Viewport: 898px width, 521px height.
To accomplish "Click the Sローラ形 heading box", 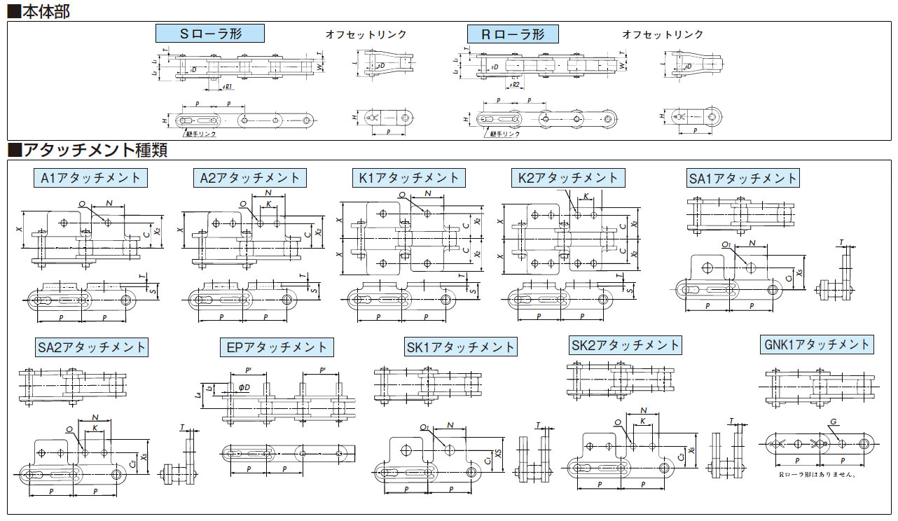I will pos(209,34).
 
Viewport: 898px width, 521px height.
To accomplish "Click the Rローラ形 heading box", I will pos(513,34).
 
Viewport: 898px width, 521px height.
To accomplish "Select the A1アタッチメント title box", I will pos(90,178).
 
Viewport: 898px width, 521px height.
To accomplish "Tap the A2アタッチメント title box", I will pos(249,178).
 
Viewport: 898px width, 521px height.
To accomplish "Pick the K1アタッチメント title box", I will pos(409,178).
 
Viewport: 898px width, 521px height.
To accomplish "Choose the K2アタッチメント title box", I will pos(568,178).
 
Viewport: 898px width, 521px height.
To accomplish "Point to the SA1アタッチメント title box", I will pos(743,179).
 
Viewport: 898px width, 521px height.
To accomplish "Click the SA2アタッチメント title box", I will pos(91,347).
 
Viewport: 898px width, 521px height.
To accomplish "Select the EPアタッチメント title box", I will pos(277,347).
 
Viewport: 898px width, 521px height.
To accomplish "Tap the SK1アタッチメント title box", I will pos(460,347).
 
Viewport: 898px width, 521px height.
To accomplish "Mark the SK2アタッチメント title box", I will pos(626,345).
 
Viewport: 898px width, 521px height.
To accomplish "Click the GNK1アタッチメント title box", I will pos(816,344).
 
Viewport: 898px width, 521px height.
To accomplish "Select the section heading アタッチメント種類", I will pos(88,150).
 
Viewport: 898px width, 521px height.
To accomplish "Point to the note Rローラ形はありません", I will pos(817,474).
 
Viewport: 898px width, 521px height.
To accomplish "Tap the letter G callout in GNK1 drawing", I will pos(833,422).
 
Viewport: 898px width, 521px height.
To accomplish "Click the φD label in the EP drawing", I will pos(244,387).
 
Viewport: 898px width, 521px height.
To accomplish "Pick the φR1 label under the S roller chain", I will pos(228,87).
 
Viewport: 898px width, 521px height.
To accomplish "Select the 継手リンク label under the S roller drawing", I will pos(201,132).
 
